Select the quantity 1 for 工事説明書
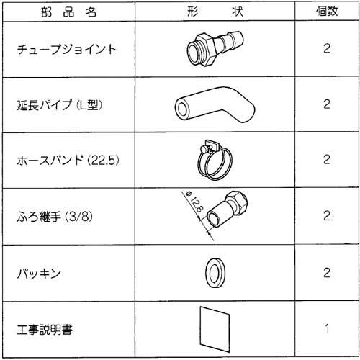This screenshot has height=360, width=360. [x=327, y=330]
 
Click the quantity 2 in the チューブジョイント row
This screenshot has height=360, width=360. [x=327, y=51]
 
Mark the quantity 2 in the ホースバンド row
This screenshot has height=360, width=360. [x=327, y=159]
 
